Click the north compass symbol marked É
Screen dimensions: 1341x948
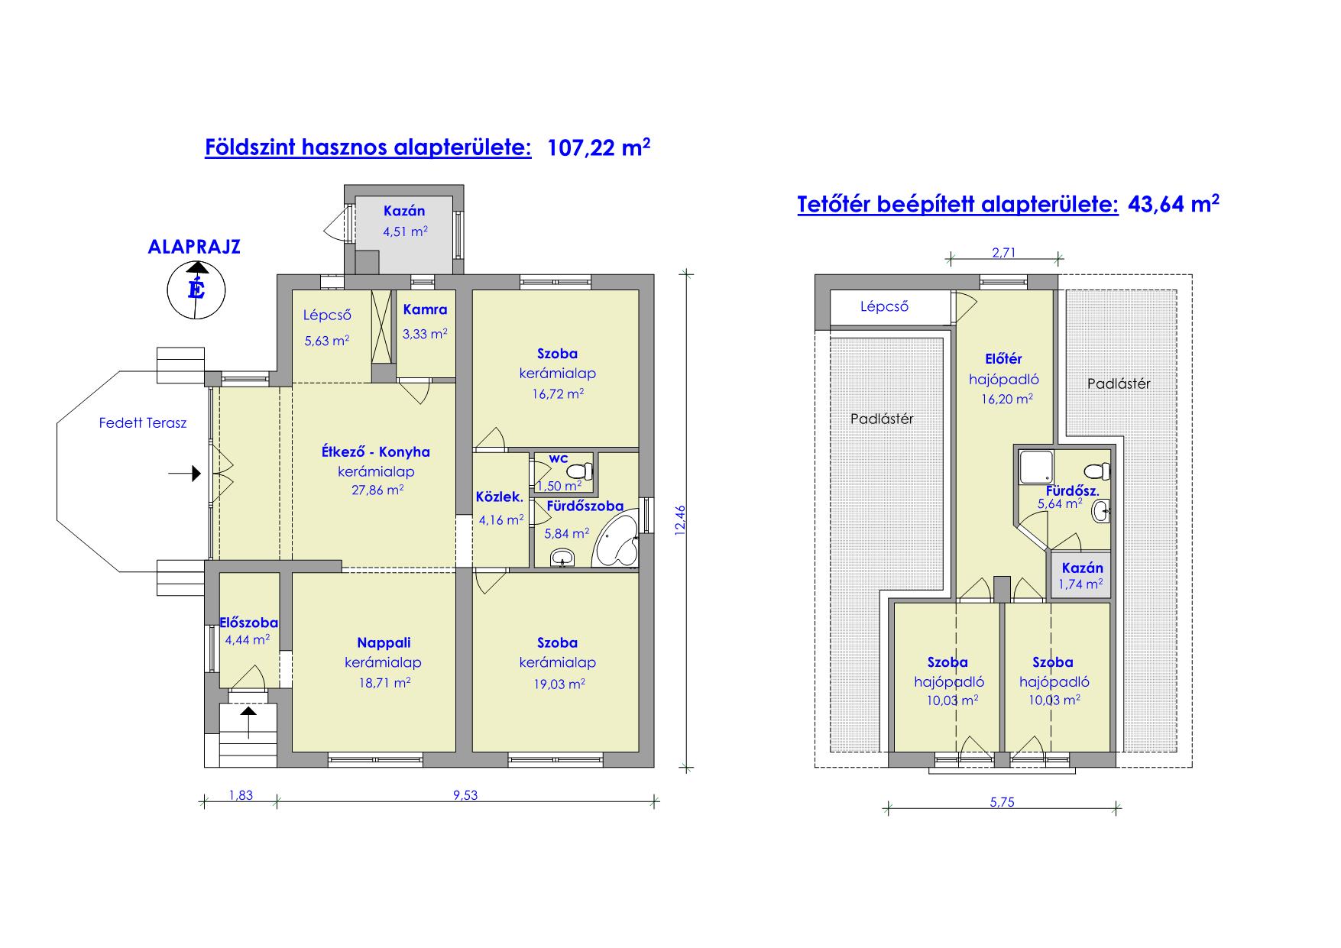196,290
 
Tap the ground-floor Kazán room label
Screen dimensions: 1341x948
404,211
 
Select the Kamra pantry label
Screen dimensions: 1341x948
425,310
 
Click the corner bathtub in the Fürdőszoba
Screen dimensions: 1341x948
617,541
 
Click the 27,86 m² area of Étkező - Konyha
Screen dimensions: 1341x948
377,490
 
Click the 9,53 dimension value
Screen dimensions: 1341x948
465,795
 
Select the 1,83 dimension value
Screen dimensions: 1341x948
241,795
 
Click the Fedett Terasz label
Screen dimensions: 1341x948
143,422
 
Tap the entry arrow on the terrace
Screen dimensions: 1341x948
184,474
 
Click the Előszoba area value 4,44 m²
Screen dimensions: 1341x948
247,639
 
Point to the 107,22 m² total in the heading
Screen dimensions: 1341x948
599,147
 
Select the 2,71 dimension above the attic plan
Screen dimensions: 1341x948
1003,253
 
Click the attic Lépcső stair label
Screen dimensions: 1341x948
884,307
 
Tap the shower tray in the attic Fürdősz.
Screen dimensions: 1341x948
1033,465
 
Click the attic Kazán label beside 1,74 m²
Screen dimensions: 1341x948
1083,568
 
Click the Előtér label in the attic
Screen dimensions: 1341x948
1004,359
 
